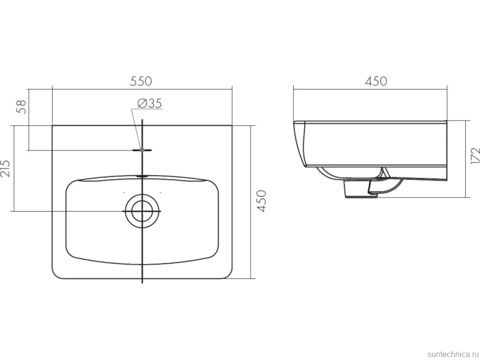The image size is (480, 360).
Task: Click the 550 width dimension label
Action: (x=141, y=82)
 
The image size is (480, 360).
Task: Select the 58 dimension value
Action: (x=22, y=107)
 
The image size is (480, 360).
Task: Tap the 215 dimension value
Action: (x=5, y=168)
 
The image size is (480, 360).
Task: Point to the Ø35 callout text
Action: (x=150, y=103)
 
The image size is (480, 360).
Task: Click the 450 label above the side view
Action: (x=376, y=82)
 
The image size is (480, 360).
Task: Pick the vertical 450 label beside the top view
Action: (x=262, y=201)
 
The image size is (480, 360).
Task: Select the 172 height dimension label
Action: (x=476, y=156)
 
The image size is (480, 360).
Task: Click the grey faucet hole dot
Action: (x=142, y=150)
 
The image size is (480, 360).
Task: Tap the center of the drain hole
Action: (x=143, y=211)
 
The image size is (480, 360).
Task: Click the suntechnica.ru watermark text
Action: (x=453, y=354)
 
